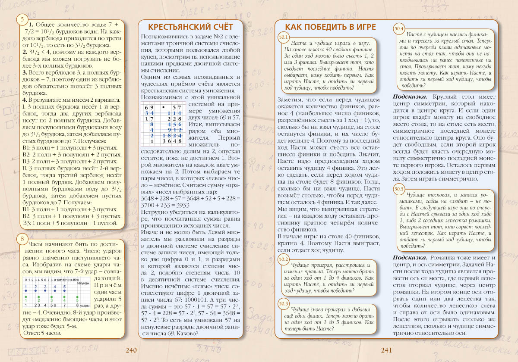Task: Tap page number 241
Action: coord(386,350)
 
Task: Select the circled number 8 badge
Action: coord(21,238)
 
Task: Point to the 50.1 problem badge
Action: coord(284,37)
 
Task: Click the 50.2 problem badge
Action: coord(284,259)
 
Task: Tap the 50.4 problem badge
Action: coord(399,28)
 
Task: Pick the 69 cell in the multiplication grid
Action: coord(149,107)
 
